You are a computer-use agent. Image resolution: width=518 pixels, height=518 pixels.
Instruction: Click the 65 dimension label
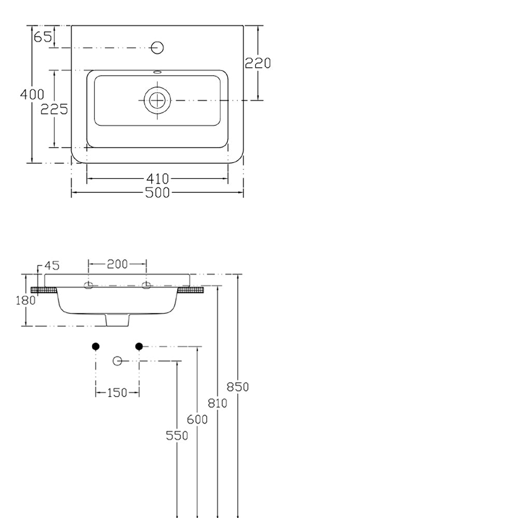coord(43,37)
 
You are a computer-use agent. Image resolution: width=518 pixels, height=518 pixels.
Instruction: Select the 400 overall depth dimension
coord(32,94)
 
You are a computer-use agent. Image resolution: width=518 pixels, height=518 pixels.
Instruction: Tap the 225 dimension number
coord(54,109)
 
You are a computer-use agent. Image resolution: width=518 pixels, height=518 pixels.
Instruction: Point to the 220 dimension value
coord(257,63)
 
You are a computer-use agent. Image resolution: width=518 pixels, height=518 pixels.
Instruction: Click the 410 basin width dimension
coord(157,179)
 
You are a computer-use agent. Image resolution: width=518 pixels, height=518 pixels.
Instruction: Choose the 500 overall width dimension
coord(157,193)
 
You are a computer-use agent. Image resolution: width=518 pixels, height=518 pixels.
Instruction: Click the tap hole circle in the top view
coord(157,48)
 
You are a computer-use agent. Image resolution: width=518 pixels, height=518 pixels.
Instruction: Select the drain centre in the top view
coord(157,100)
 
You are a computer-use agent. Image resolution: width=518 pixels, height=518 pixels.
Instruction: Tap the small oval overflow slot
coord(157,71)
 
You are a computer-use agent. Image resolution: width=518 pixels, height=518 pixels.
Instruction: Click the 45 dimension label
coord(52,265)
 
